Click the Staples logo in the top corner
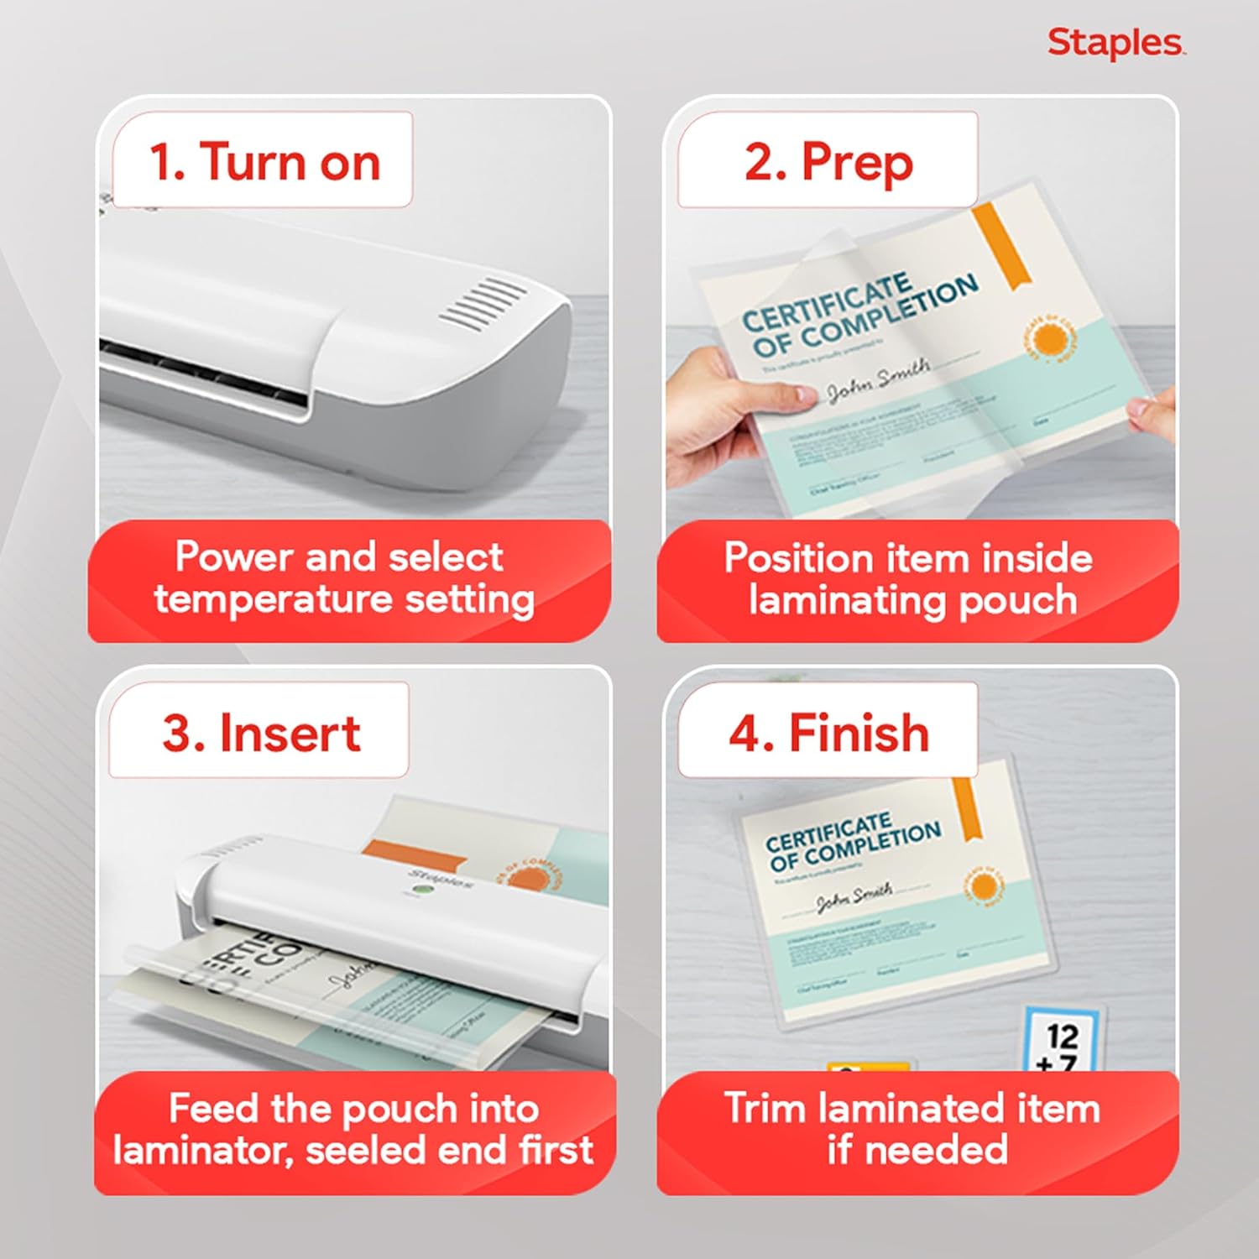(x=1115, y=44)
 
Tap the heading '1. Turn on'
(x=264, y=161)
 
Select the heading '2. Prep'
(x=828, y=161)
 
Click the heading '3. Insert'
(x=261, y=733)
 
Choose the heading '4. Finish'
(x=829, y=733)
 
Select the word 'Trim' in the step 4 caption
(x=765, y=1108)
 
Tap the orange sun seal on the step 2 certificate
(x=1048, y=340)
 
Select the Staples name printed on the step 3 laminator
(x=440, y=879)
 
